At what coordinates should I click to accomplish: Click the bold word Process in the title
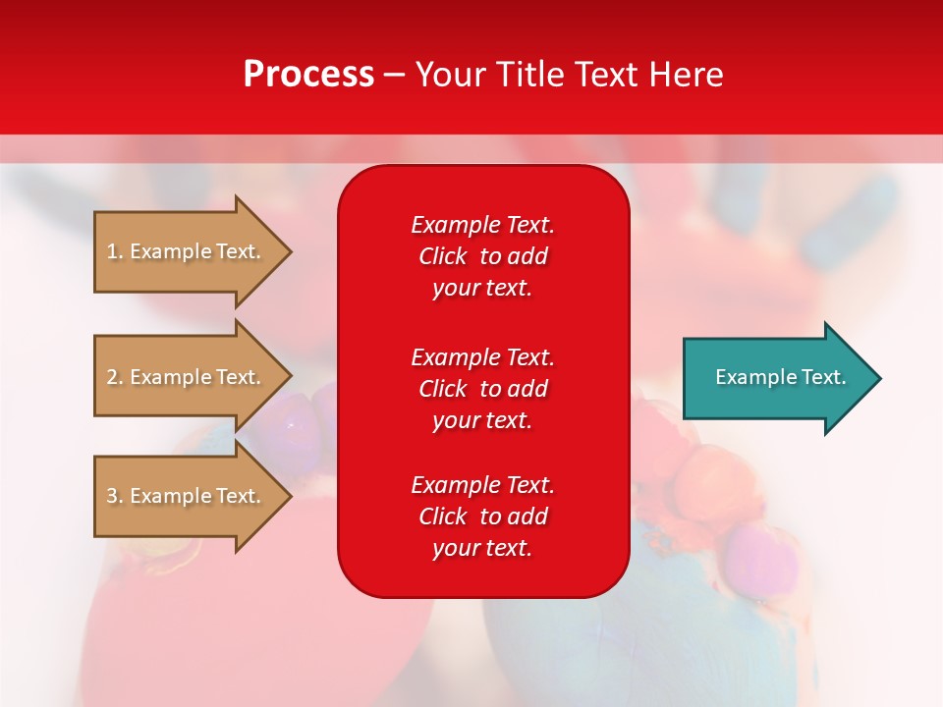pos(308,75)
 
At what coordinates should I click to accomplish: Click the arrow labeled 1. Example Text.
pos(193,252)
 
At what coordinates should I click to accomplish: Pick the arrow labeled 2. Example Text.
pos(193,376)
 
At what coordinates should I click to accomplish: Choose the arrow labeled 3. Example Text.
pos(193,496)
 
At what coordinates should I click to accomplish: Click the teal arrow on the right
pos(782,378)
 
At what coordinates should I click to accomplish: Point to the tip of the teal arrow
pos(881,378)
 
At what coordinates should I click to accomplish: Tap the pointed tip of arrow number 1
pos(292,252)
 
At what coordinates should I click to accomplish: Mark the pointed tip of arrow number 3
pos(292,497)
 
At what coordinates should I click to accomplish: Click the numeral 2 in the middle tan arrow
pos(112,377)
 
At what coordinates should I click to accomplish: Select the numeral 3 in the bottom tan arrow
pos(112,496)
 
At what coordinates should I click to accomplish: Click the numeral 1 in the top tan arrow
pos(111,251)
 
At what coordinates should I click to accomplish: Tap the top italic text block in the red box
pos(483,256)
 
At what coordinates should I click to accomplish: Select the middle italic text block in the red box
pos(483,389)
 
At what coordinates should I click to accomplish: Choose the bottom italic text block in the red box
pos(483,517)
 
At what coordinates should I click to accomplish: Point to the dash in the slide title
pos(395,77)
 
